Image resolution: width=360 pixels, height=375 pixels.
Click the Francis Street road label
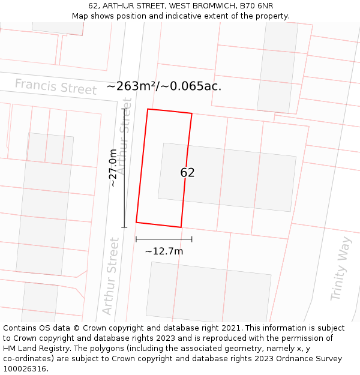55,86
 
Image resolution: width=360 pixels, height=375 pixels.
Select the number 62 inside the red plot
187,173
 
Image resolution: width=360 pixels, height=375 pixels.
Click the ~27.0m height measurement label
113,169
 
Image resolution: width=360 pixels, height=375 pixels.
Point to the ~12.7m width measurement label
164,251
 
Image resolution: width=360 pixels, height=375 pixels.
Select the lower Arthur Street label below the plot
110,276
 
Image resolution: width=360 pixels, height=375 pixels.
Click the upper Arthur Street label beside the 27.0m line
125,144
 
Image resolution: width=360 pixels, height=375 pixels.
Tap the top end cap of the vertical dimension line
125,109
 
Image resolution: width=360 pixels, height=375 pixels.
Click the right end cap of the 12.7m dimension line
191,239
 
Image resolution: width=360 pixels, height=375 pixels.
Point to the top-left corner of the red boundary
148,109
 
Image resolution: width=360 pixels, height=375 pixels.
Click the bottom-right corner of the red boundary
181,227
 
